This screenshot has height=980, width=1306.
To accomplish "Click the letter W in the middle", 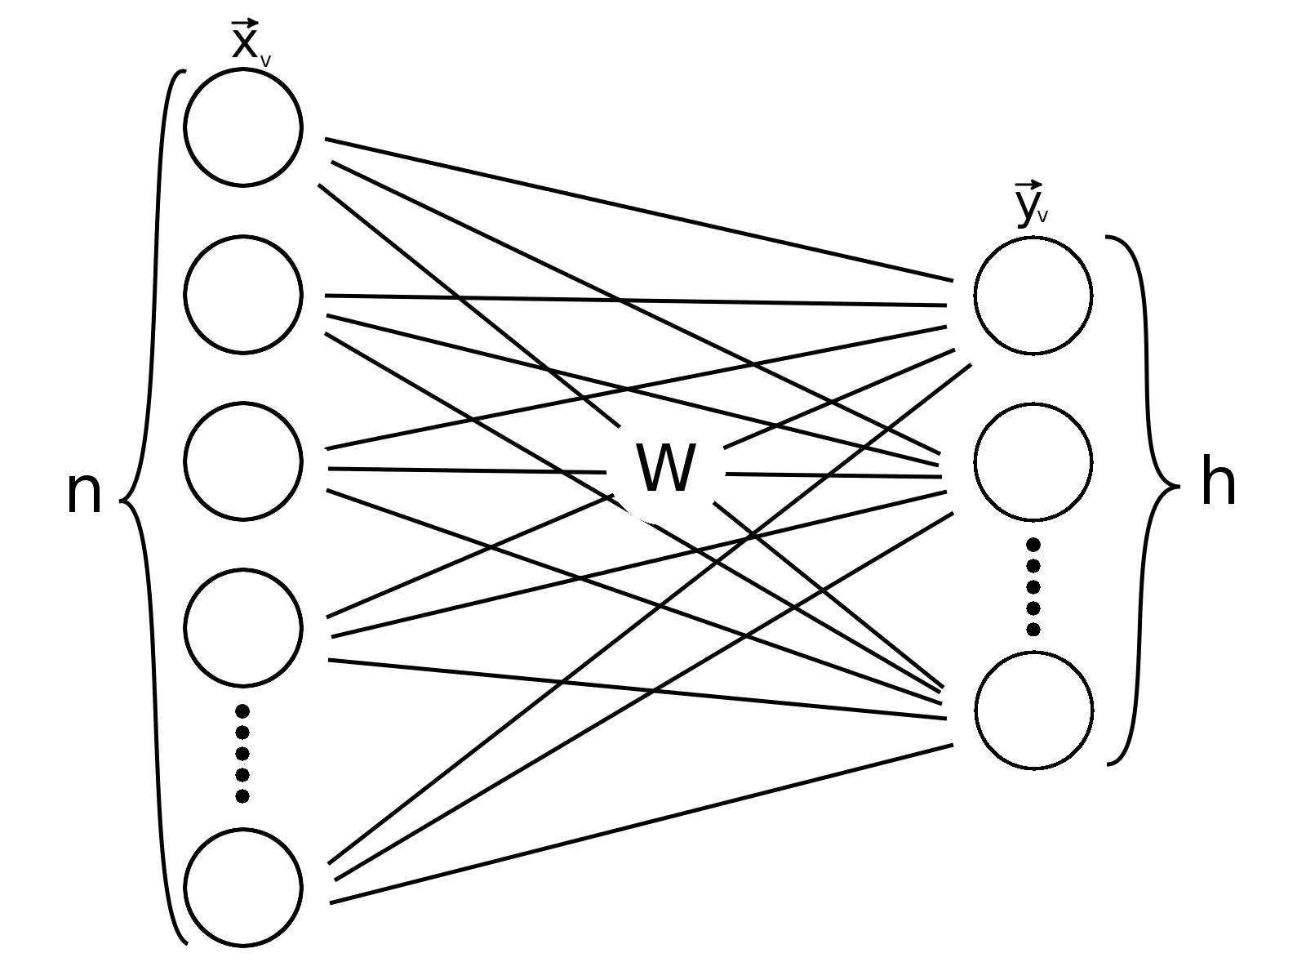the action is [x=666, y=468].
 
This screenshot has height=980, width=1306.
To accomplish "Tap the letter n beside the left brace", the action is [x=84, y=492].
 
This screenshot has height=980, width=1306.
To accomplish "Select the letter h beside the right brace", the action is [x=1219, y=481].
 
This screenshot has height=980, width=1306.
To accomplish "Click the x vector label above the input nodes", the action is [x=251, y=41].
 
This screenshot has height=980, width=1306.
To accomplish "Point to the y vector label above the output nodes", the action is [x=1031, y=203].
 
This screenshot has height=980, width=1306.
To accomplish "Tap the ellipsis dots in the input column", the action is [x=242, y=753].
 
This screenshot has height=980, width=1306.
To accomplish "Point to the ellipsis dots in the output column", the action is [x=1033, y=586].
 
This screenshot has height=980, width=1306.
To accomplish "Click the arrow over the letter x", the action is [x=245, y=23].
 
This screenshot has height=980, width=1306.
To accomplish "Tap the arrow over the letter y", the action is [x=1028, y=185].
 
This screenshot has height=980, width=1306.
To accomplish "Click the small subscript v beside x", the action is [x=265, y=62].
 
